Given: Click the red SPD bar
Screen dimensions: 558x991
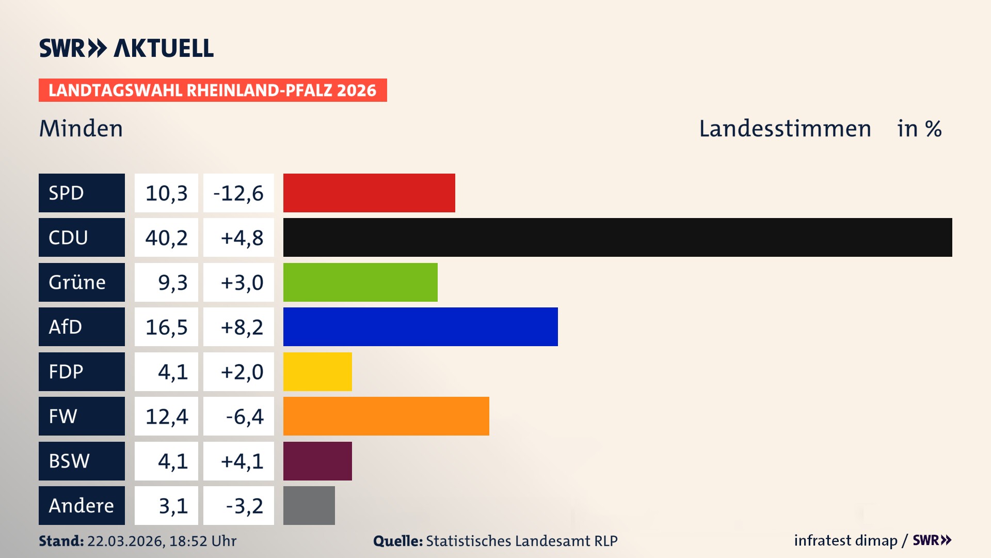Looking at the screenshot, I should pyautogui.click(x=369, y=193).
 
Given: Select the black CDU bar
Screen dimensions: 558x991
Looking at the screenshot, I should pyautogui.click(x=617, y=238).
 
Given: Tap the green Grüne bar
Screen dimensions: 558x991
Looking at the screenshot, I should pyautogui.click(x=360, y=282).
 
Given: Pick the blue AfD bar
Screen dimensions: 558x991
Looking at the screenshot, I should pyautogui.click(x=420, y=327).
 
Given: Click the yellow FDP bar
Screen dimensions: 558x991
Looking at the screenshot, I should pyautogui.click(x=317, y=371).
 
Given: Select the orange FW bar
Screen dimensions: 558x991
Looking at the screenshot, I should pyautogui.click(x=386, y=416).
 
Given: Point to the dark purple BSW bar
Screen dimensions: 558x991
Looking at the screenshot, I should pyautogui.click(x=317, y=461).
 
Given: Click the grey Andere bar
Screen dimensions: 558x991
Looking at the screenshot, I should pyautogui.click(x=309, y=505).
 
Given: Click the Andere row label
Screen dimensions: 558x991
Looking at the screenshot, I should pyautogui.click(x=82, y=505).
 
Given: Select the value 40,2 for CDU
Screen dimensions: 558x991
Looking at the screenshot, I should pyautogui.click(x=166, y=238).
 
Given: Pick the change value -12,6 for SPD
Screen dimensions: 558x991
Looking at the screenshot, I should pyautogui.click(x=238, y=193).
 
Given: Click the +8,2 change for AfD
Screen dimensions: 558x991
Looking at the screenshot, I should pyautogui.click(x=241, y=327).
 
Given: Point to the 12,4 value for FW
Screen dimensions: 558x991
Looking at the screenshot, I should pyautogui.click(x=166, y=416).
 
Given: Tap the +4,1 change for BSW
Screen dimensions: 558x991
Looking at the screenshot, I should pyautogui.click(x=241, y=461).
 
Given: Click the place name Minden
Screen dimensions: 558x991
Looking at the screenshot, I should pyautogui.click(x=81, y=128).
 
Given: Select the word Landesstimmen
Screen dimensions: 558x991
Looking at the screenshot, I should pyautogui.click(x=785, y=128).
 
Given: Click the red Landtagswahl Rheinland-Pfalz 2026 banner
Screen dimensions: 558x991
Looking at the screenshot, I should pyautogui.click(x=213, y=90).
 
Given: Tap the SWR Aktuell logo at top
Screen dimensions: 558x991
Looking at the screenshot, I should pyautogui.click(x=126, y=48).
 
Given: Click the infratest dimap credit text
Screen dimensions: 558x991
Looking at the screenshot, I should pyautogui.click(x=845, y=540).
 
